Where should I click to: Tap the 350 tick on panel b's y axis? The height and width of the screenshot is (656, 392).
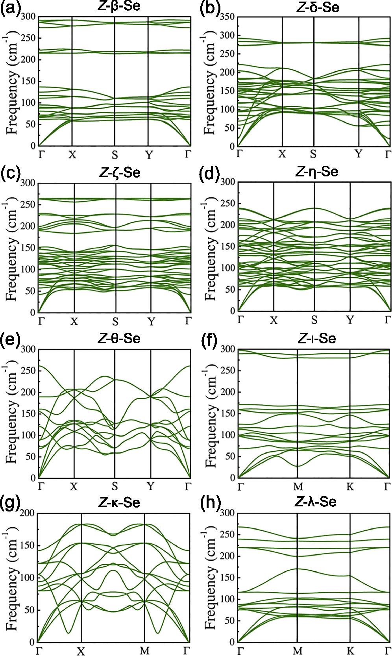click(227, 17)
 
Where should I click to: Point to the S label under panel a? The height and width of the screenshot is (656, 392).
click(115, 155)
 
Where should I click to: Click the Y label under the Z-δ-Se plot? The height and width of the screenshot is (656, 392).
click(358, 154)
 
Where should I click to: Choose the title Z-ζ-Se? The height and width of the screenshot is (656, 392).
click(120, 172)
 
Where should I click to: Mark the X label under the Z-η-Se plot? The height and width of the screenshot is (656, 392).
click(274, 321)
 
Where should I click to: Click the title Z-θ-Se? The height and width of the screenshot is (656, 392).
click(120, 338)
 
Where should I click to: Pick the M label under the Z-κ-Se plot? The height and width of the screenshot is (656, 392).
click(144, 651)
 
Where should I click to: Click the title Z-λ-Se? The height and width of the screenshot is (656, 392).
click(317, 502)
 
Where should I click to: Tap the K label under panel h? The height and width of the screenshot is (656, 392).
click(350, 651)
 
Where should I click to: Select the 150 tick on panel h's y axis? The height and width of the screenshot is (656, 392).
click(227, 578)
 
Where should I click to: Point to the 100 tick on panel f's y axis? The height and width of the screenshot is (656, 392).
click(227, 435)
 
